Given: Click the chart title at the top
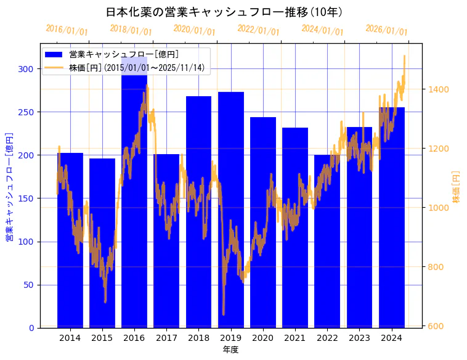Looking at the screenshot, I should point(224,12).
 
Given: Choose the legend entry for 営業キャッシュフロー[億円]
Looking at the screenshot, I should point(124,54).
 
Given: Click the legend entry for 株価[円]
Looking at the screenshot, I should point(136,68).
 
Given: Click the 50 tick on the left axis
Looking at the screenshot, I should point(30,285).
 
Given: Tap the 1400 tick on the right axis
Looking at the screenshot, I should point(438,89).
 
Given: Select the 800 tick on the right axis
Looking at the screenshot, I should point(438,267).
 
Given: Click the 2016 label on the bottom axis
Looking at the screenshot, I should point(134,338).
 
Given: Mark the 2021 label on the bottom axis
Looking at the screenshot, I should point(295,338).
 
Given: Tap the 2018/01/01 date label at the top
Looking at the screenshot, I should point(131,30).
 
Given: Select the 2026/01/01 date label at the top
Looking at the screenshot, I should point(386,30).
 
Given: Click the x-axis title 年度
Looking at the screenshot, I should point(230,350).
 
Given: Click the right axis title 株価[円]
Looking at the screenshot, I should point(457,186).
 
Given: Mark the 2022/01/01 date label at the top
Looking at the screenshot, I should point(258,30).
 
